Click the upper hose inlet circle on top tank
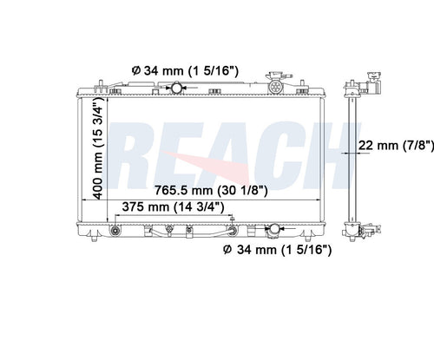pyautogui.click(x=176, y=88)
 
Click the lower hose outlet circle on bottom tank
pyautogui.click(x=274, y=229)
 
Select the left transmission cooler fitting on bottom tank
pyautogui.click(x=115, y=231)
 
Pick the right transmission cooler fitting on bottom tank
pyautogui.click(x=233, y=231)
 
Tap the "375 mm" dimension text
pyautogui.click(x=145, y=207)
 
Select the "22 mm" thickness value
pyautogui.click(x=378, y=145)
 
